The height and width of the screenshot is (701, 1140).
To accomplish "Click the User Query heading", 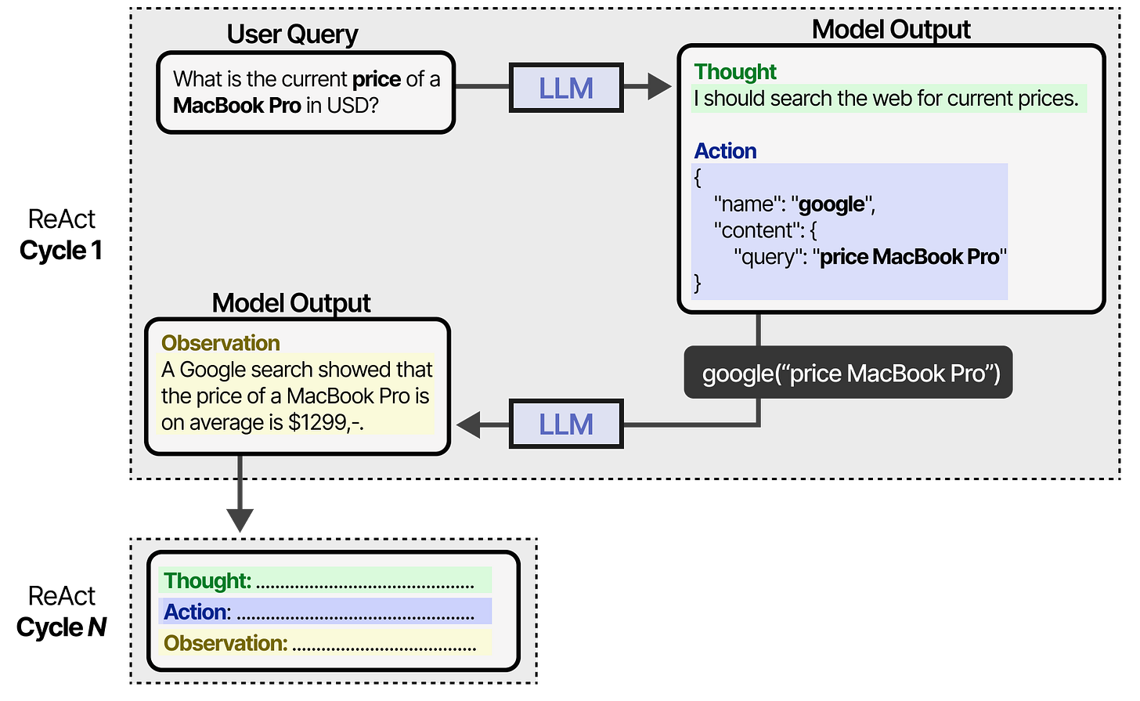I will click(x=292, y=34).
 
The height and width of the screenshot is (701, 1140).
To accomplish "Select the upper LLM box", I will click(x=565, y=88).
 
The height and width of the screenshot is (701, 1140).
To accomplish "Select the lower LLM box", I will click(x=565, y=425).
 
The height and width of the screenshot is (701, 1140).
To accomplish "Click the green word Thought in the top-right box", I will click(x=735, y=72).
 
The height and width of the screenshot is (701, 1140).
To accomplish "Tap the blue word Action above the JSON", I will click(x=725, y=151).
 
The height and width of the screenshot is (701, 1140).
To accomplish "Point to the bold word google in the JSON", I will click(x=832, y=204).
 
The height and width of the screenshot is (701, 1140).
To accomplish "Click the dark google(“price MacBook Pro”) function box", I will click(x=850, y=374).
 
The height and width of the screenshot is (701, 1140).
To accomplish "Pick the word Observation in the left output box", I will click(x=220, y=343).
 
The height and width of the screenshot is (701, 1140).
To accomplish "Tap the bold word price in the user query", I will click(x=377, y=79).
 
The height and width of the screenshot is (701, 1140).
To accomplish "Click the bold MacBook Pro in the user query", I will click(x=236, y=105).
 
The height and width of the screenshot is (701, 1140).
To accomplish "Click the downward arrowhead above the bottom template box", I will click(x=240, y=519).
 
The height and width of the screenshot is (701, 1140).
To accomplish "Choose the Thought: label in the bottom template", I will click(x=207, y=581).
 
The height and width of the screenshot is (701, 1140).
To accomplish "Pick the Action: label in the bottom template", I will click(x=197, y=612).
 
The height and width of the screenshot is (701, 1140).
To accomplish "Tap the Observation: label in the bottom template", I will click(x=225, y=644).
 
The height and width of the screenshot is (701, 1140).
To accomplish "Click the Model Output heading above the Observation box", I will click(x=291, y=303).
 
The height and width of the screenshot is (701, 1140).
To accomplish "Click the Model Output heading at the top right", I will click(x=891, y=30).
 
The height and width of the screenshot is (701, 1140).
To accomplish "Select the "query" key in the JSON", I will click(x=768, y=257).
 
